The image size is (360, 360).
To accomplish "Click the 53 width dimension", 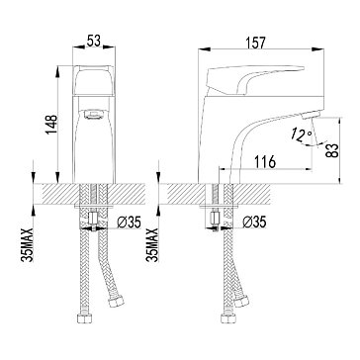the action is click(x=93, y=42).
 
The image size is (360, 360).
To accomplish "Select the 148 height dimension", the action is click(x=51, y=125).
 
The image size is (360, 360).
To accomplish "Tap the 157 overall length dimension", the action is click(x=255, y=44).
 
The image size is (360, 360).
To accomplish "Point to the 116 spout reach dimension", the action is click(x=265, y=162).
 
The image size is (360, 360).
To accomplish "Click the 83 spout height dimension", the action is click(x=333, y=150).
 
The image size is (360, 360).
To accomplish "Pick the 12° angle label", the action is click(x=301, y=135).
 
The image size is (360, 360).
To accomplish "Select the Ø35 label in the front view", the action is click(x=130, y=224).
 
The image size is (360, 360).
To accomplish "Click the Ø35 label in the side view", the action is click(x=254, y=224).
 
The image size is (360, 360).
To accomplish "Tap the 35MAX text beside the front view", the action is click(x=28, y=244).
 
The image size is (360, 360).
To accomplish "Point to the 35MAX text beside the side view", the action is click(x=152, y=244).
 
